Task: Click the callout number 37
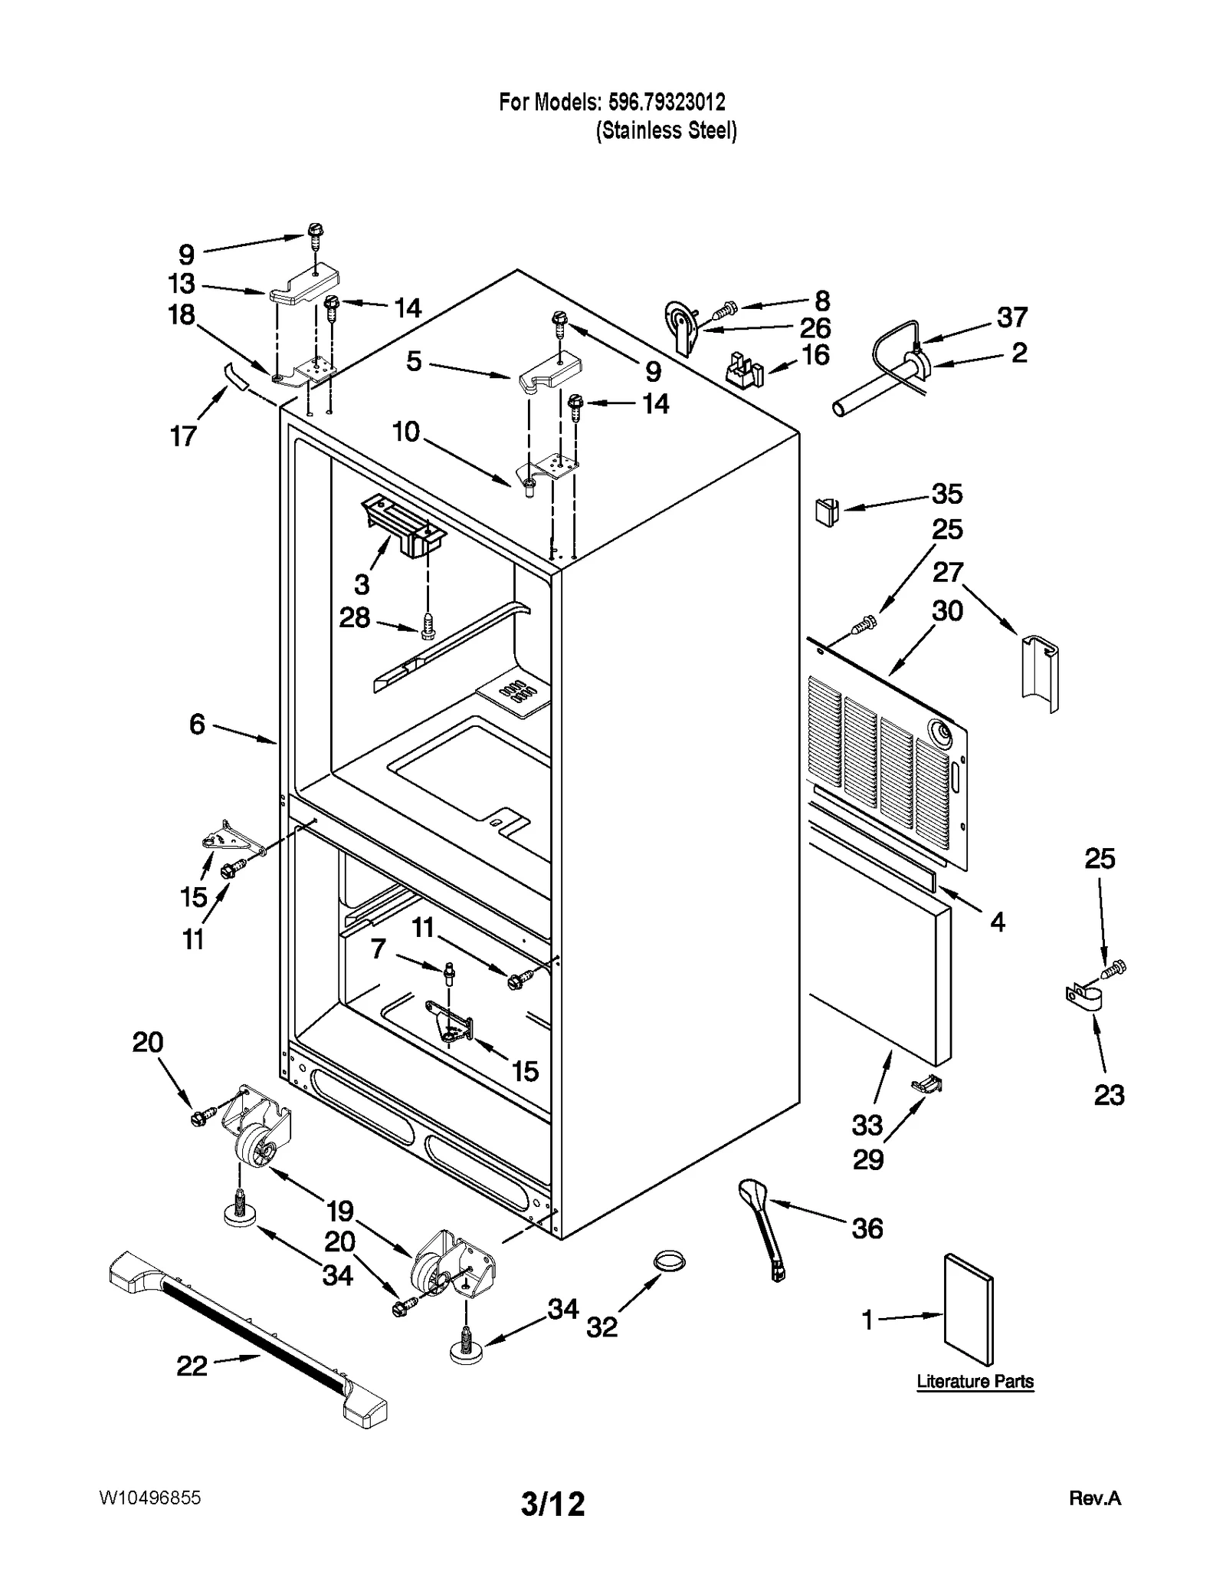(x=1011, y=317)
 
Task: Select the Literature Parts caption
(x=975, y=1381)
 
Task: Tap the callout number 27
(x=947, y=572)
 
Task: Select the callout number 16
(x=815, y=355)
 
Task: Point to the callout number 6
(x=197, y=724)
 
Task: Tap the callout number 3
(x=362, y=584)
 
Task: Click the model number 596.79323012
(x=666, y=101)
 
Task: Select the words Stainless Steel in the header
(x=667, y=131)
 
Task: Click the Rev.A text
(x=1094, y=1498)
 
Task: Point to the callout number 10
(x=406, y=432)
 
